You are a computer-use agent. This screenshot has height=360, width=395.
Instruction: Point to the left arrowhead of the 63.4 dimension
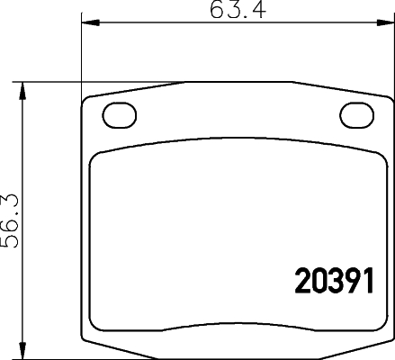pyautogui.click(x=87, y=23)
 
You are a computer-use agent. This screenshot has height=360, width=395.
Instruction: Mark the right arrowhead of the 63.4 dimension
pyautogui.click(x=390, y=23)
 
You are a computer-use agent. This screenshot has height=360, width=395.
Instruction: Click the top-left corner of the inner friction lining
pyautogui.click(x=98, y=157)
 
